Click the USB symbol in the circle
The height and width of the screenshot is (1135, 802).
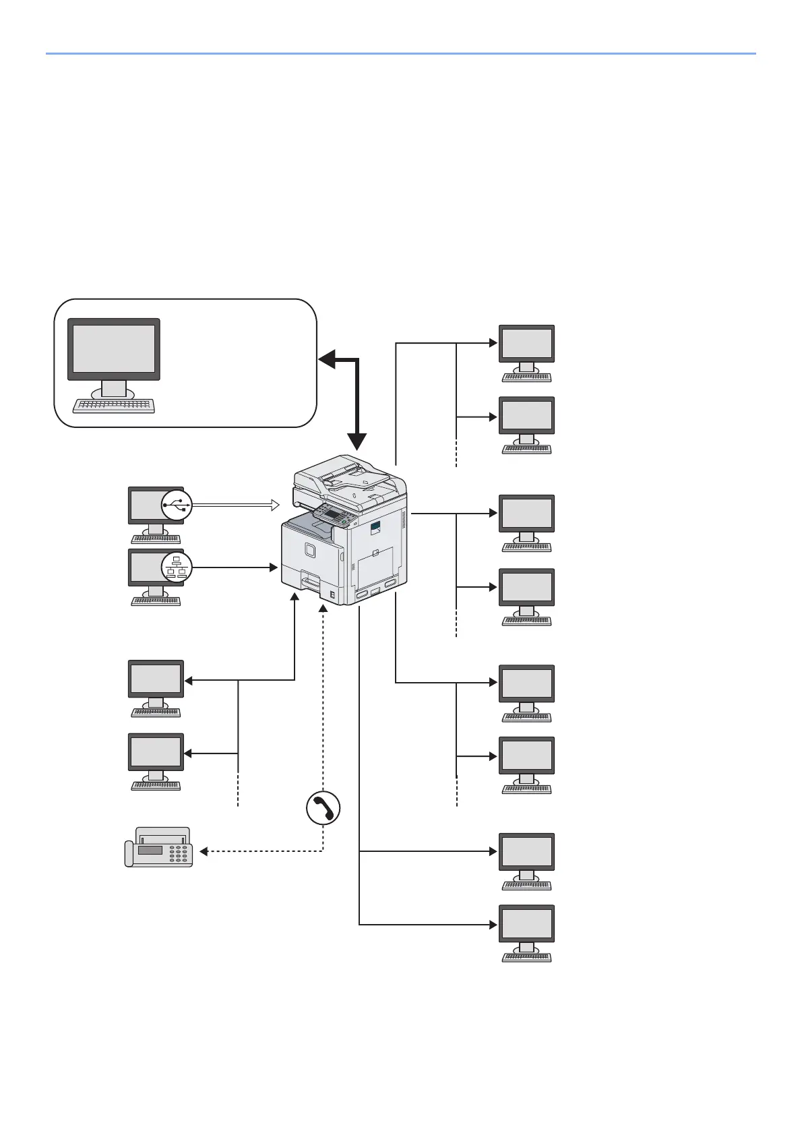(177, 504)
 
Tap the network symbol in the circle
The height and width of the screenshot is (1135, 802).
(177, 567)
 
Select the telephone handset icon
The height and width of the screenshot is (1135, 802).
(323, 807)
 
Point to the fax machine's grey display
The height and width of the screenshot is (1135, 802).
(150, 851)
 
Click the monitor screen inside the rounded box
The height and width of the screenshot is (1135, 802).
(113, 348)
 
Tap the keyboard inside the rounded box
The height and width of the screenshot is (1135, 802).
(113, 406)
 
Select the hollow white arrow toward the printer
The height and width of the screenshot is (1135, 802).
(273, 504)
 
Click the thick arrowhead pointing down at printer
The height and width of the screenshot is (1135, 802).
(358, 442)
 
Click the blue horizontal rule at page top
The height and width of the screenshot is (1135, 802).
(401, 53)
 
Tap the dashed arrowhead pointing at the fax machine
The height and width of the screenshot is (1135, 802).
(204, 852)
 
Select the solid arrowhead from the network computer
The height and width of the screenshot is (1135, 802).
(274, 567)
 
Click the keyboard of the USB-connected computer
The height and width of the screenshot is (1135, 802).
(156, 539)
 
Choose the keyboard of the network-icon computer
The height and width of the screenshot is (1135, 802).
(156, 601)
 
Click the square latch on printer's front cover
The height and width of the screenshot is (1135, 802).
(309, 551)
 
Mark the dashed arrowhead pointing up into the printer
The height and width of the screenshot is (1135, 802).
(323, 609)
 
